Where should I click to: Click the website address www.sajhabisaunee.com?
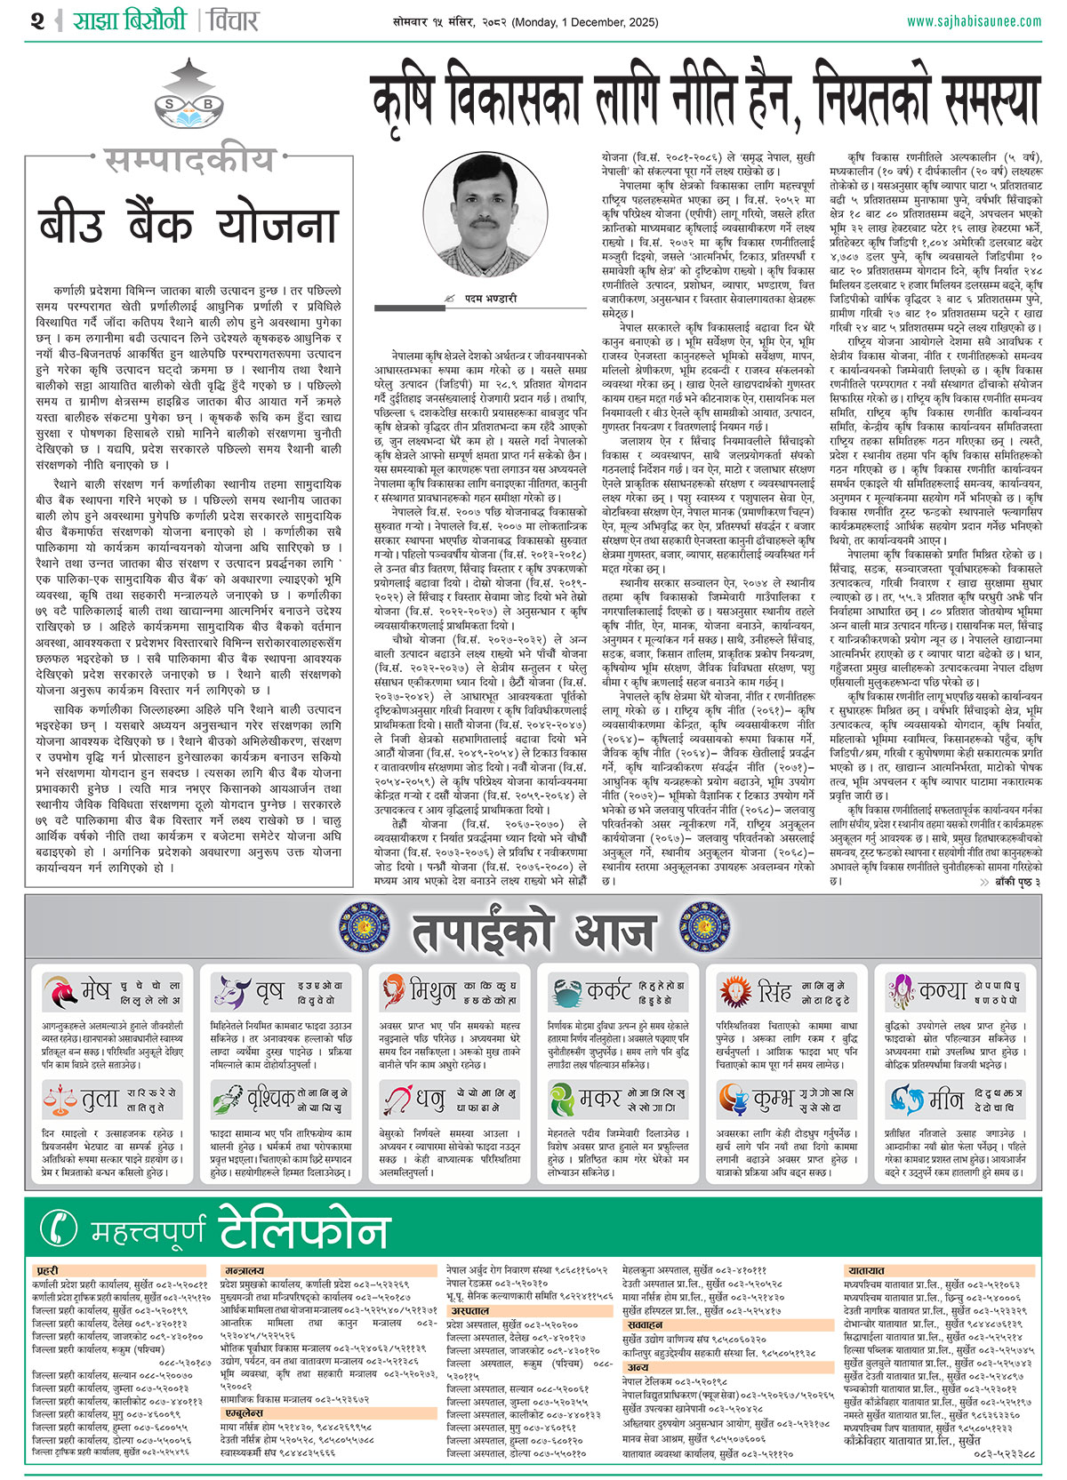(x=974, y=20)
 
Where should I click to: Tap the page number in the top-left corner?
(x=36, y=20)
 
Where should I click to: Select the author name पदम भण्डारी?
(x=490, y=299)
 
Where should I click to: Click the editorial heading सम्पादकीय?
(x=189, y=160)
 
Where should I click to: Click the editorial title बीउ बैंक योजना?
(x=189, y=226)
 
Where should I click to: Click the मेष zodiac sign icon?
(x=60, y=991)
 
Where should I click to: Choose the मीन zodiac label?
(x=945, y=1100)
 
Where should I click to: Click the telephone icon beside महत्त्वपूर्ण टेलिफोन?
(x=60, y=1228)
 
